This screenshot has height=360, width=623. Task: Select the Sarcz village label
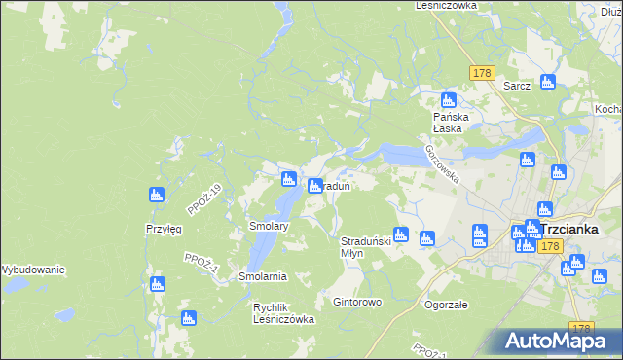point(517,85)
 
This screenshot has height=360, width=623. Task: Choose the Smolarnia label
point(261,276)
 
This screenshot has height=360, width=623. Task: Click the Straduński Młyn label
point(365,245)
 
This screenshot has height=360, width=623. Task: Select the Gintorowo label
point(357,302)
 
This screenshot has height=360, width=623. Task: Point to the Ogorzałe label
point(446,304)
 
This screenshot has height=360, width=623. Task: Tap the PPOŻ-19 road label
point(205,199)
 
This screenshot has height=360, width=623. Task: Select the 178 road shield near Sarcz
point(482,73)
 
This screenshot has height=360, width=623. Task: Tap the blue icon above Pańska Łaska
point(449,99)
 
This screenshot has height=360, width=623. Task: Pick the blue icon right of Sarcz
point(547,82)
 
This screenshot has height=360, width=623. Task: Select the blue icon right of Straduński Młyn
point(426,236)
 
